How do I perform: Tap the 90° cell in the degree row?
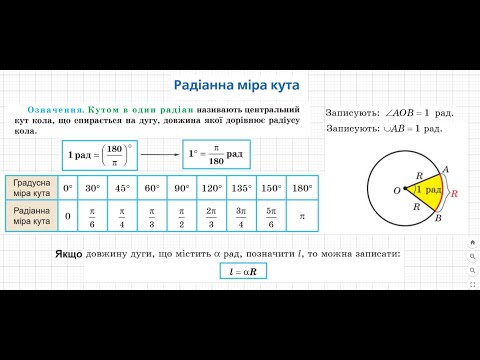181,188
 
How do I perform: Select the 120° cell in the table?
212,188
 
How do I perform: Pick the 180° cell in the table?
301,188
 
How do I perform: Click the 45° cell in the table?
121,188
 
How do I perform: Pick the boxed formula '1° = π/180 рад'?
215,155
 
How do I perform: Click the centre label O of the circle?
395,190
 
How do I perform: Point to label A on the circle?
444,169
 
